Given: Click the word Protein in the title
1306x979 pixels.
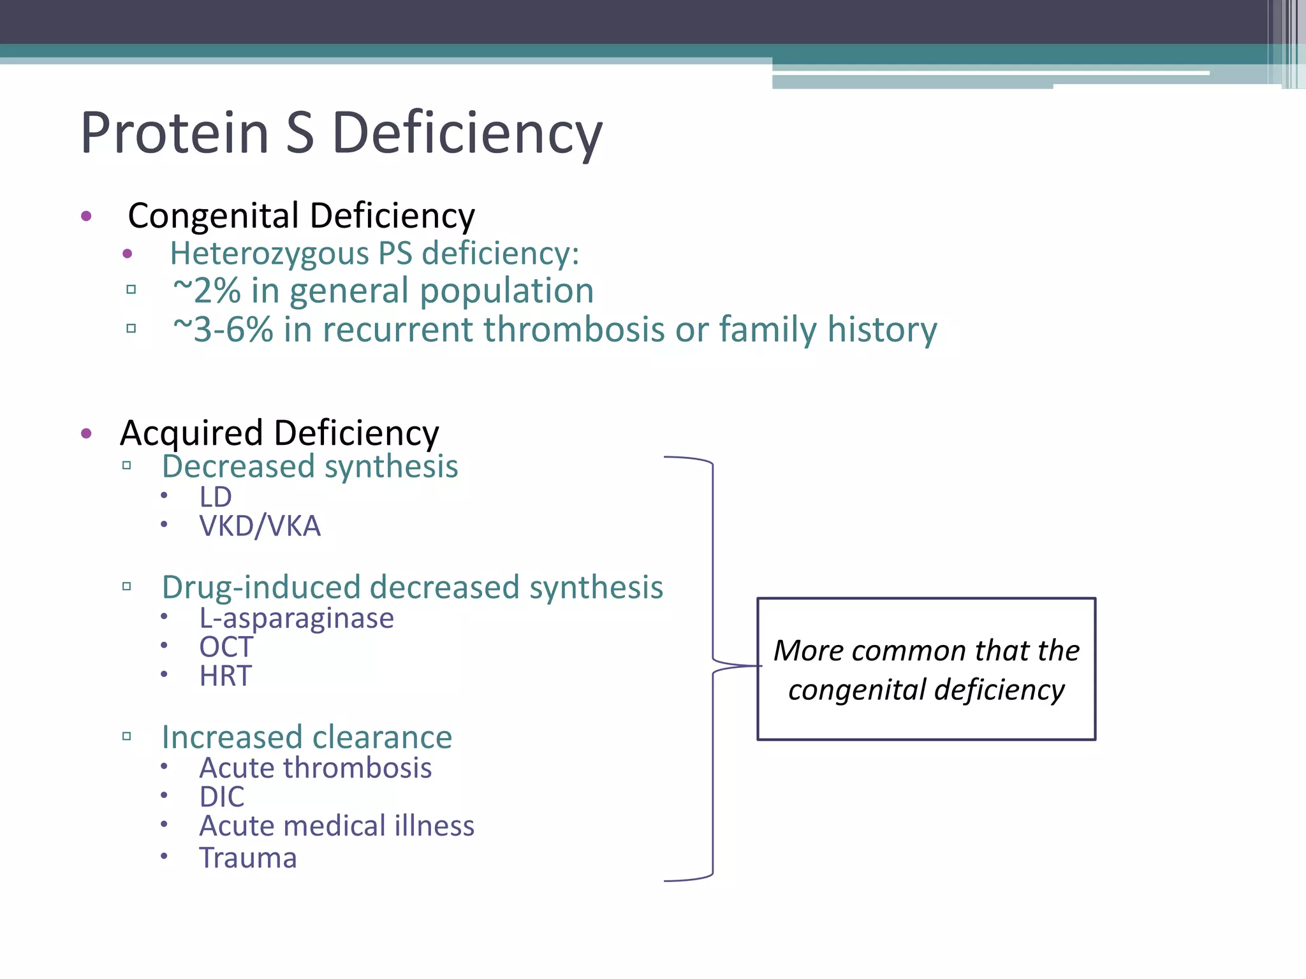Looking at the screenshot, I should pyautogui.click(x=174, y=133).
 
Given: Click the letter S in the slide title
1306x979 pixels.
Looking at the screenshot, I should pyautogui.click(x=300, y=133).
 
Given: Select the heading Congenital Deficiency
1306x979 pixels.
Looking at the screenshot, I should pyautogui.click(x=301, y=215).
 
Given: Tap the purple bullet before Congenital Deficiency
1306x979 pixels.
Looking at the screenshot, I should pyautogui.click(x=87, y=216).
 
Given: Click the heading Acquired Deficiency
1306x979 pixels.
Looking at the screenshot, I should pyautogui.click(x=279, y=433).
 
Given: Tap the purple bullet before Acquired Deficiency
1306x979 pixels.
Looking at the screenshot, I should pyautogui.click(x=87, y=434).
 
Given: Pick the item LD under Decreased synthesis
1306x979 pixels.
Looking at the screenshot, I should pyautogui.click(x=215, y=497).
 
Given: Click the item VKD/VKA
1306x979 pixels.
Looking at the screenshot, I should pyautogui.click(x=260, y=526).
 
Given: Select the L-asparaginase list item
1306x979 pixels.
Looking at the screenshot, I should pyautogui.click(x=297, y=618).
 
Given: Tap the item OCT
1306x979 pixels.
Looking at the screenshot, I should pyautogui.click(x=226, y=647).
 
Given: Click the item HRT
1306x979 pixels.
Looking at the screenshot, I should pyautogui.click(x=225, y=676).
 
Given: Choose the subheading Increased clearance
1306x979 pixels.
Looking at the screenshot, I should pyautogui.click(x=307, y=737).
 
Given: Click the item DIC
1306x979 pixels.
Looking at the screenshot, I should pyautogui.click(x=221, y=797).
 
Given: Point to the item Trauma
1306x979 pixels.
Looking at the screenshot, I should pyautogui.click(x=248, y=858).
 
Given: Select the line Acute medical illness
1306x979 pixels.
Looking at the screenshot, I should pyautogui.click(x=337, y=826).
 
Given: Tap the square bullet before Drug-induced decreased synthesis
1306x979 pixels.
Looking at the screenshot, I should pyautogui.click(x=127, y=586).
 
